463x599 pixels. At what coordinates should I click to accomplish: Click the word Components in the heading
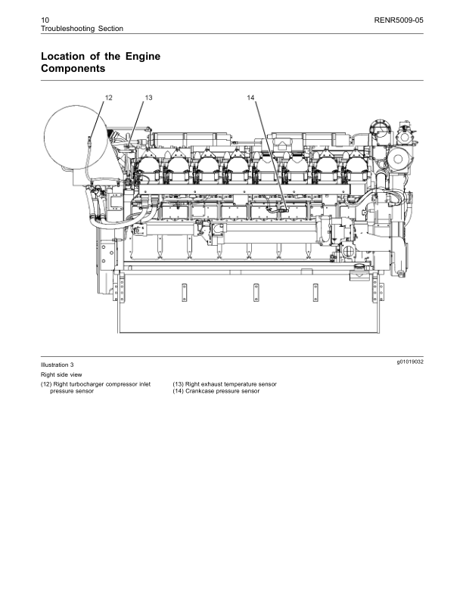pyautogui.click(x=73, y=69)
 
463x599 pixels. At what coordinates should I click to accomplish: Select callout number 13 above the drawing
pyautogui.click(x=148, y=98)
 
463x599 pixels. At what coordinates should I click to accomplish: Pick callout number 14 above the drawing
pyautogui.click(x=251, y=98)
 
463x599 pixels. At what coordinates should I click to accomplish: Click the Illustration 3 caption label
pyautogui.click(x=57, y=365)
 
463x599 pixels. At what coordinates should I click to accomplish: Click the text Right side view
pyautogui.click(x=61, y=374)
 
